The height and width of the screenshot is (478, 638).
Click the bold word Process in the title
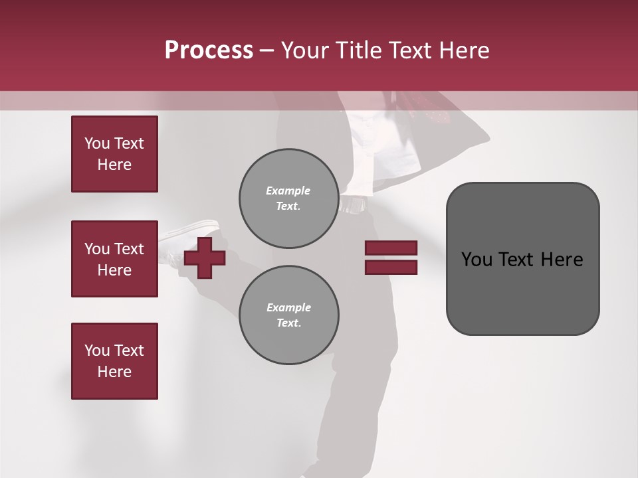click(209, 50)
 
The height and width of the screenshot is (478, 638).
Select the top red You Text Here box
click(114, 154)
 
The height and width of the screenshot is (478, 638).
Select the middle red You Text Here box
click(114, 259)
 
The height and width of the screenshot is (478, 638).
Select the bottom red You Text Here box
click(114, 361)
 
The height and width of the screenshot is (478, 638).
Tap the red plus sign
click(205, 258)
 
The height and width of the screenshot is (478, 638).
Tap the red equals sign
click(391, 258)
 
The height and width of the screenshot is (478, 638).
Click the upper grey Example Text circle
click(288, 199)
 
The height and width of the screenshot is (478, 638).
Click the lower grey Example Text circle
click(288, 315)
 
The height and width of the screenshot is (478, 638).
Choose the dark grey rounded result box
click(522, 259)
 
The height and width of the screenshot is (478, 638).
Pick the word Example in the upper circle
click(288, 191)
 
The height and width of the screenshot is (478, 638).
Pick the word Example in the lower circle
click(288, 307)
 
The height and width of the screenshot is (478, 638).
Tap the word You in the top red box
click(97, 143)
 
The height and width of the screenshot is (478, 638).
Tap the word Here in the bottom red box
click(114, 372)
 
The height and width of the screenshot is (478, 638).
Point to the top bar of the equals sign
click(391, 248)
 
